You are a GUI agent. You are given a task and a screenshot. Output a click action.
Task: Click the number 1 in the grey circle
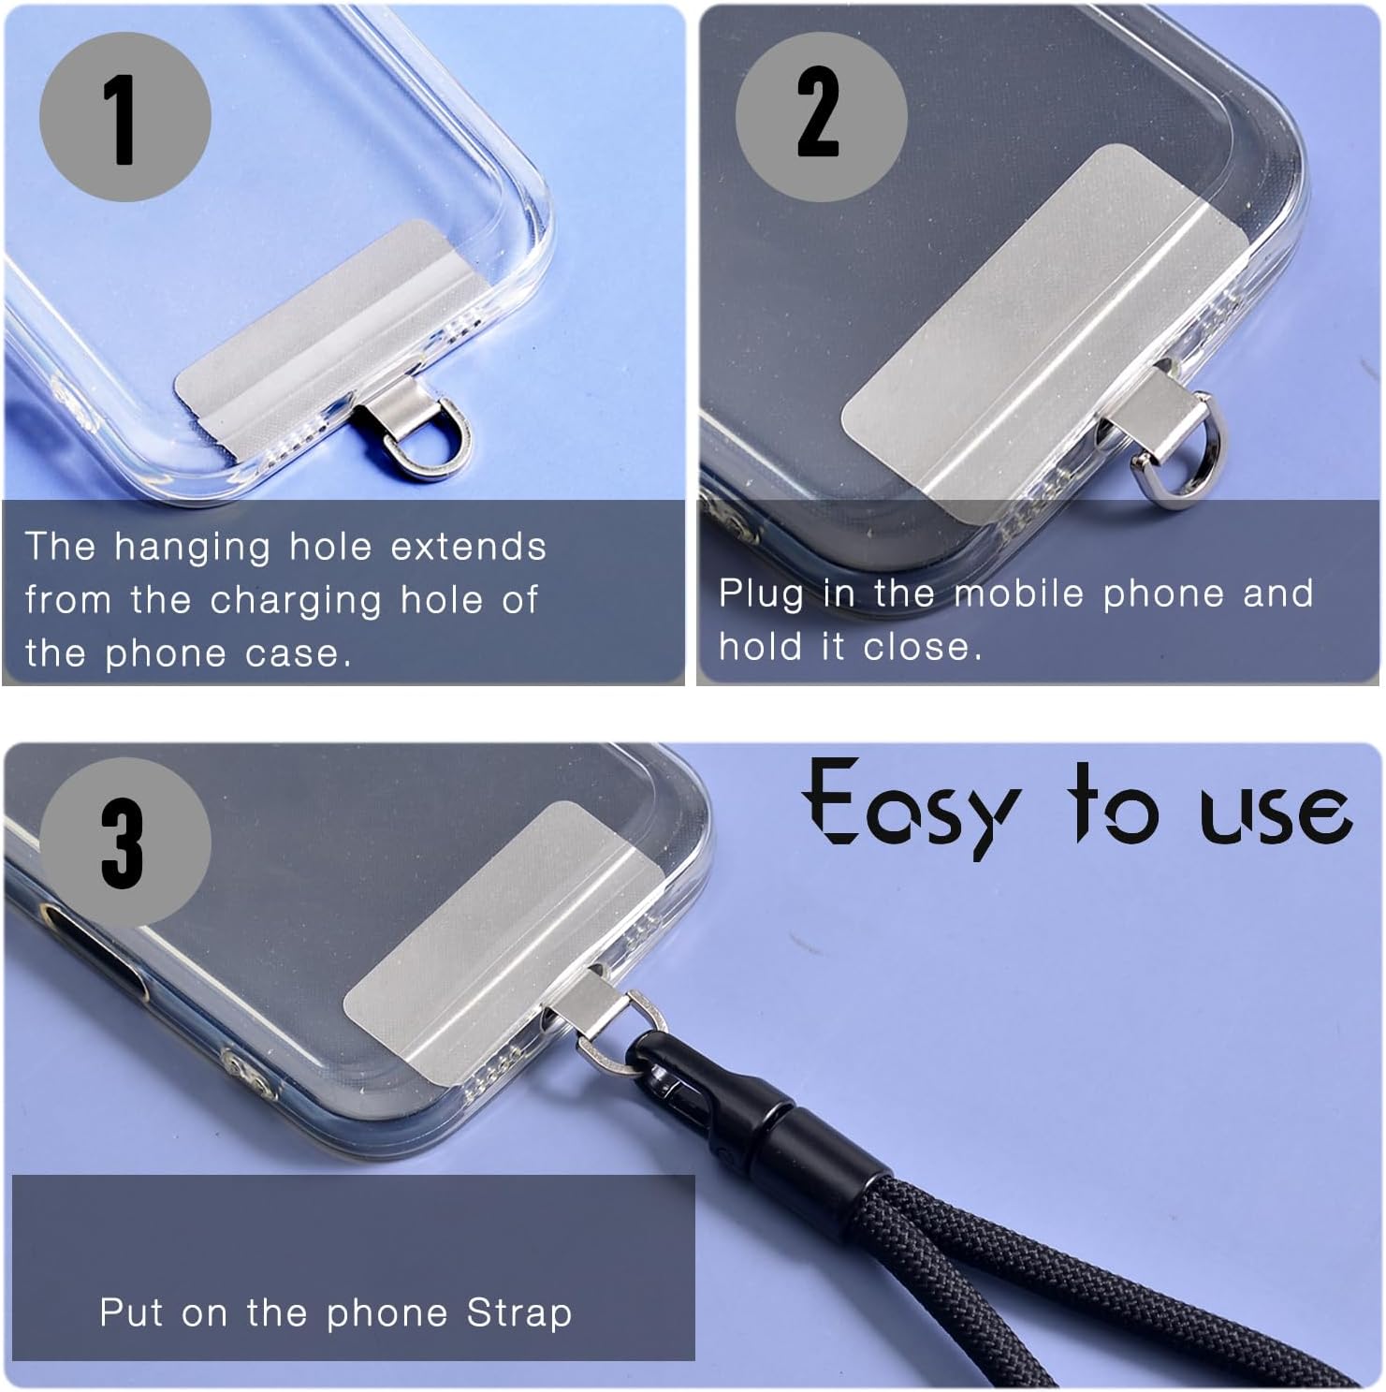click(x=122, y=118)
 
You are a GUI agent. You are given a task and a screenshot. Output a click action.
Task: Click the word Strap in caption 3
click(x=519, y=1312)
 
